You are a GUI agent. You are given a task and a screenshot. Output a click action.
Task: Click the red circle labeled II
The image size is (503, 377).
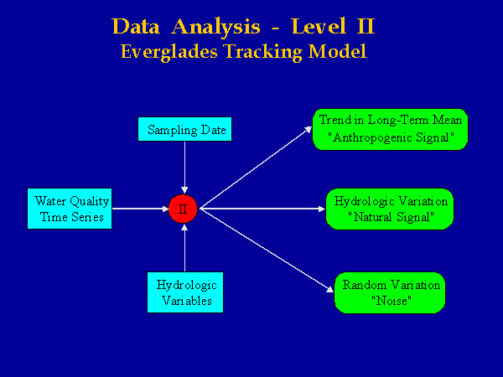click(x=183, y=209)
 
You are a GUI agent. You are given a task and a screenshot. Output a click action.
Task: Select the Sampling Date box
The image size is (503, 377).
click(x=184, y=129)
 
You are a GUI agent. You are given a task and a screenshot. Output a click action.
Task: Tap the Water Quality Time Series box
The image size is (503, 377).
click(x=70, y=209)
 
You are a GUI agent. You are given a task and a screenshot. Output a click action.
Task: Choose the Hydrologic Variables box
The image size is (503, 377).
click(x=185, y=292)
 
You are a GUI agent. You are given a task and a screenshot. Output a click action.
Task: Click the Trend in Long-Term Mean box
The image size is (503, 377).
click(x=390, y=129)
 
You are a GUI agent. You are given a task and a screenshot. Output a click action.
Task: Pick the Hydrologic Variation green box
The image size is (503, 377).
click(x=390, y=209)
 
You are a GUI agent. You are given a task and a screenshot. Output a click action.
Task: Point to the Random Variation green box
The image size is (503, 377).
click(x=390, y=292)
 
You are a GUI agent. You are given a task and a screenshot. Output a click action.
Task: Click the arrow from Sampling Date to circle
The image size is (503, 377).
click(x=184, y=168)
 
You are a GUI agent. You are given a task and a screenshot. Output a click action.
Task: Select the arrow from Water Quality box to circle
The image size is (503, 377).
click(x=141, y=209)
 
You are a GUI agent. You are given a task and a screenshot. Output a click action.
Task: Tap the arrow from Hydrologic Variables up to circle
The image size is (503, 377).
click(x=184, y=248)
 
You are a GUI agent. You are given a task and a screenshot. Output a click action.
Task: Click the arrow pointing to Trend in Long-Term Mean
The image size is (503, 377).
click(x=256, y=168)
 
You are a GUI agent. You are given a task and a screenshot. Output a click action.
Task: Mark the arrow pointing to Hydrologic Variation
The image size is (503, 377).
click(x=262, y=209)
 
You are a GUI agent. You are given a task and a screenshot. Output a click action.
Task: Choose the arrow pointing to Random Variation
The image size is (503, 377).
click(x=267, y=250)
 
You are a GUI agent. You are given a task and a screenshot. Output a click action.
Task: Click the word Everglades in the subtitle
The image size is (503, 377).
click(x=169, y=52)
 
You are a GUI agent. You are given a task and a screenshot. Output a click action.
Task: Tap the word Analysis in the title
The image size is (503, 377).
click(x=215, y=26)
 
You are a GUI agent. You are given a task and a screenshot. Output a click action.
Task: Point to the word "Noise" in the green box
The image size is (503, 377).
click(x=392, y=301)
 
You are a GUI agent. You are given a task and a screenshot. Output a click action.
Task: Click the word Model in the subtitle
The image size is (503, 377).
click(x=337, y=51)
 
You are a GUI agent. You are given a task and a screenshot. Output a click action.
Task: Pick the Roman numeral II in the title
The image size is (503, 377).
click(x=366, y=26)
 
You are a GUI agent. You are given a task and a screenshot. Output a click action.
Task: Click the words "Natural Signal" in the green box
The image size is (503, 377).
click(x=391, y=217)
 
